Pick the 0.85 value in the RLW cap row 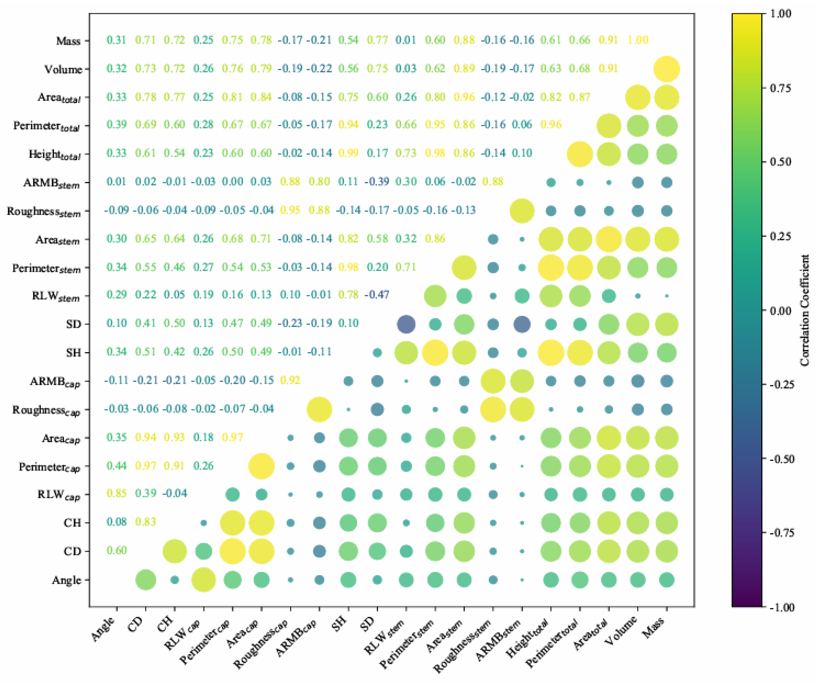pyautogui.click(x=117, y=493)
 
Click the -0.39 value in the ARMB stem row pyautogui.click(x=377, y=181)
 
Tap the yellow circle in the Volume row pyautogui.click(x=667, y=69)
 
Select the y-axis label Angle pyautogui.click(x=66, y=580)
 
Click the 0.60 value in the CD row pyautogui.click(x=117, y=550)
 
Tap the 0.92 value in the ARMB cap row pyautogui.click(x=290, y=380)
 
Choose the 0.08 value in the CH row pyautogui.click(x=117, y=522)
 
